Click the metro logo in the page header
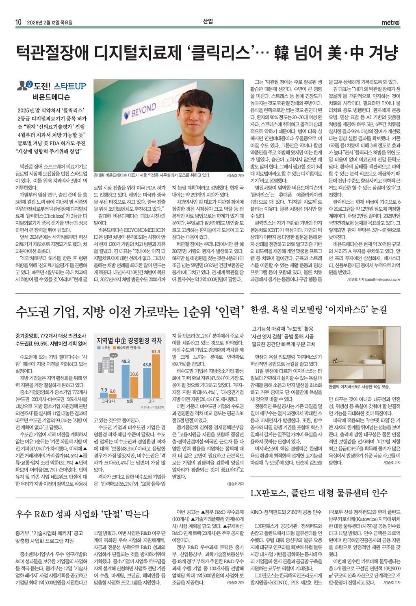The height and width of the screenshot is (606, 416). pyautogui.click(x=390, y=23)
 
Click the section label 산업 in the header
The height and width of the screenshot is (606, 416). pyautogui.click(x=208, y=22)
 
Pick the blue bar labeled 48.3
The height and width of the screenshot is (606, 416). pyautogui.click(x=126, y=381)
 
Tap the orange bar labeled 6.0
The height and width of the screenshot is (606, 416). pyautogui.click(x=113, y=395)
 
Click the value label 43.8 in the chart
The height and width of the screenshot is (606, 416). pyautogui.click(x=147, y=365)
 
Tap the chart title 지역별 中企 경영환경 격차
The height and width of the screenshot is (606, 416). pyautogui.click(x=129, y=340)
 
